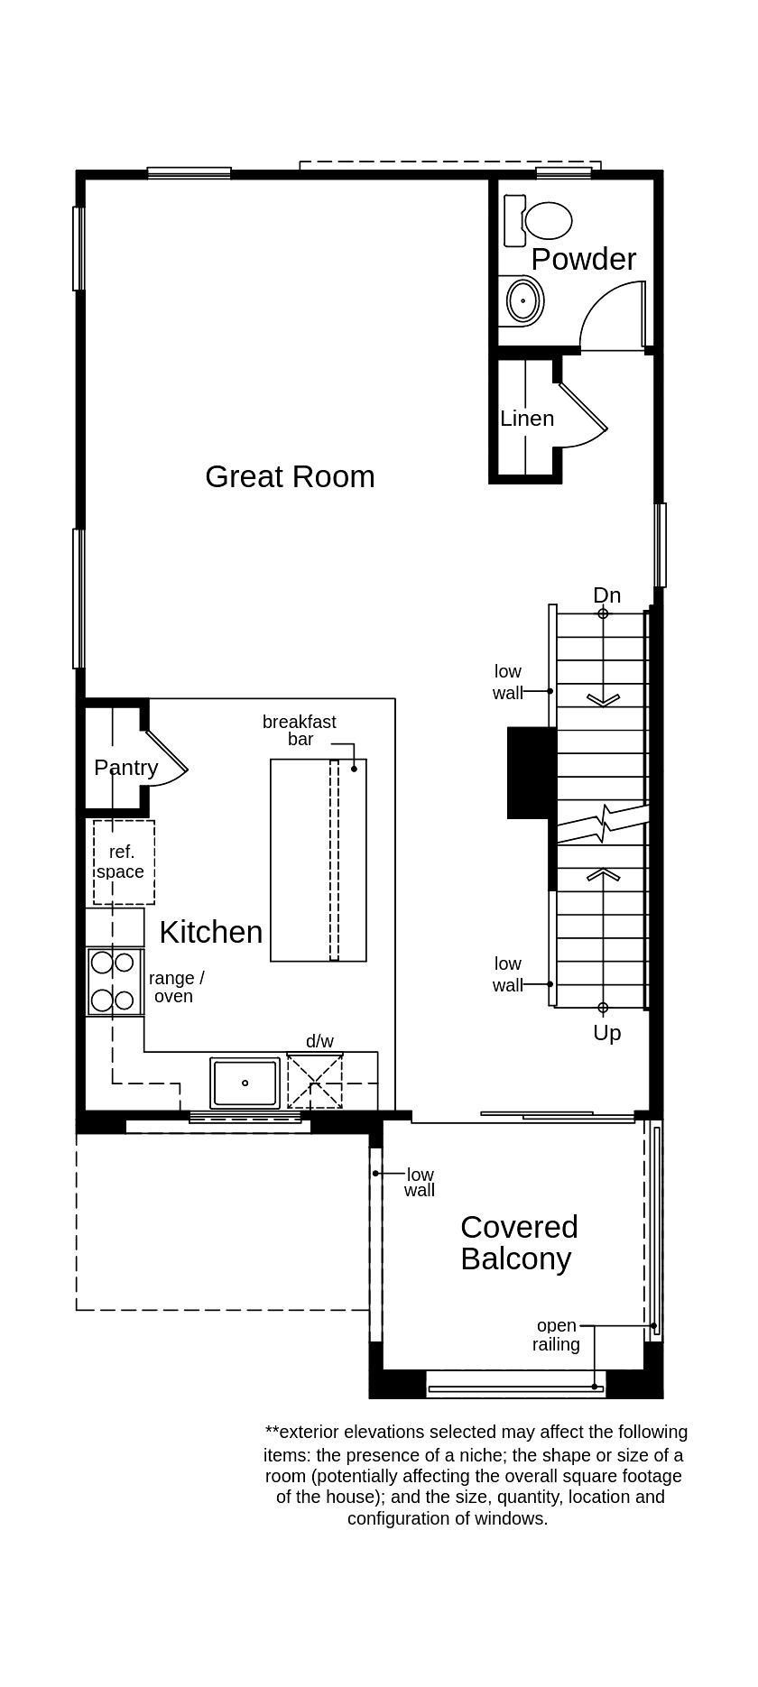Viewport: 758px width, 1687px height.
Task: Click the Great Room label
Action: pos(290,476)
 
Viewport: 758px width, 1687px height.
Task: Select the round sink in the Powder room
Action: pos(522,300)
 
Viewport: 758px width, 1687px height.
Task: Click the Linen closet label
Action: pos(527,419)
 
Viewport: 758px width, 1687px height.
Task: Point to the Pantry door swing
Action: pos(168,761)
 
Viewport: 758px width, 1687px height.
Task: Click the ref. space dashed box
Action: pos(124,862)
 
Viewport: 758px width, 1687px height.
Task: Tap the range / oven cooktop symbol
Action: pos(113,982)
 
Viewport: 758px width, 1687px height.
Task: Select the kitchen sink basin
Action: pos(245,1083)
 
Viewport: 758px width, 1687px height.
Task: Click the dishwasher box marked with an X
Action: pos(315,1081)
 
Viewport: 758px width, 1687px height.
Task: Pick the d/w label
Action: pos(319,1041)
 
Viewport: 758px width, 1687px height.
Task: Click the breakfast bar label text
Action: pos(299,730)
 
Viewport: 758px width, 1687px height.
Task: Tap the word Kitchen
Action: pos(211,932)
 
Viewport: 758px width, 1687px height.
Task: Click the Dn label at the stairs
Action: pos(606,595)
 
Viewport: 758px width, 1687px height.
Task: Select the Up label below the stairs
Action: pos(606,1033)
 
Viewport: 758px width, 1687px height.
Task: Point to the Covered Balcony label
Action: pos(518,1242)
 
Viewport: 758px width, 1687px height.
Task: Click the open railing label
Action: pos(556,1335)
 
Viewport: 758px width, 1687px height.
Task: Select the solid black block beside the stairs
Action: pos(531,772)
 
